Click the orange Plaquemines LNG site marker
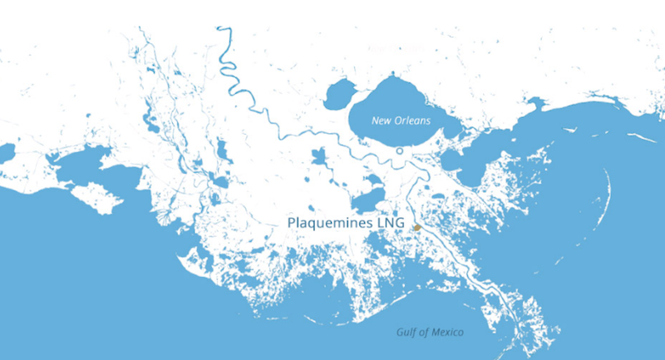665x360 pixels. pyautogui.click(x=417, y=227)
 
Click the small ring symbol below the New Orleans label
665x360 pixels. pyautogui.click(x=400, y=151)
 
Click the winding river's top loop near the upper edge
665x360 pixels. pyautogui.click(x=223, y=33)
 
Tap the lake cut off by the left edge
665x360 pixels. pyautogui.click(x=5, y=152)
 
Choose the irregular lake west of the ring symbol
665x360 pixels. pyautogui.click(x=320, y=157)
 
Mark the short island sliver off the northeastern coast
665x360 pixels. pyautogui.click(x=640, y=137)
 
